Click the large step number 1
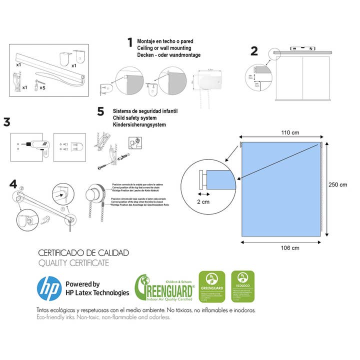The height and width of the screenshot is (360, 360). pyautogui.click(x=130, y=42)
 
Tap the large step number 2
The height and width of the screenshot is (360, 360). pyautogui.click(x=254, y=51)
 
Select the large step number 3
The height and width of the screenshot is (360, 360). pyautogui.click(x=7, y=122)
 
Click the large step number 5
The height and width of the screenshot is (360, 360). pyautogui.click(x=100, y=110)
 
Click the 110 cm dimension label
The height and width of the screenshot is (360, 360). pyautogui.click(x=283, y=132)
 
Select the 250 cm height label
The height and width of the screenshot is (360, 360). pyautogui.click(x=337, y=184)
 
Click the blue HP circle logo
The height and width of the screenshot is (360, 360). pyautogui.click(x=49, y=288)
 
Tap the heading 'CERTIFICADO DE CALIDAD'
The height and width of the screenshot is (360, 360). pyautogui.click(x=83, y=253)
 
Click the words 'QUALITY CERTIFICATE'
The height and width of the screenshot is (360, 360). pyautogui.click(x=73, y=263)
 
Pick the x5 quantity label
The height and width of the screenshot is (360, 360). pyautogui.click(x=42, y=87)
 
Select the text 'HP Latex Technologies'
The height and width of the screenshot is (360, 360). pyautogui.click(x=97, y=292)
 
